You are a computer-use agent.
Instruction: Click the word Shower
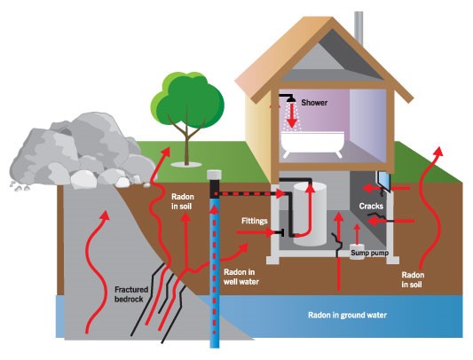pos(314,103)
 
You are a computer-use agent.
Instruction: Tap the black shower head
pos(290,99)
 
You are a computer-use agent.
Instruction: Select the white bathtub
pos(312,144)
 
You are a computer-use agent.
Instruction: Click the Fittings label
pos(255,221)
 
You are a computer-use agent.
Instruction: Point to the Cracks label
pos(371,207)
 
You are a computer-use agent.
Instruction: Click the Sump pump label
pos(369,253)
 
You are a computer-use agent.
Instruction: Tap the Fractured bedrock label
pos(131,294)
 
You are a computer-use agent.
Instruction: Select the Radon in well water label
pos(241,277)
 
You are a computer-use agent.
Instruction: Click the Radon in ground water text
pos(347,316)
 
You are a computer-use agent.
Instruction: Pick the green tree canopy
pos(187,98)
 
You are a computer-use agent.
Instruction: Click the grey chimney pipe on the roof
pos(359,27)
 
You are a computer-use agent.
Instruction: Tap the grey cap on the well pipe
pos(214,175)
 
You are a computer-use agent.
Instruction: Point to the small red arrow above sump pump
pos(357,234)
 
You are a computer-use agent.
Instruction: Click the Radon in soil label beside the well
pos(183,201)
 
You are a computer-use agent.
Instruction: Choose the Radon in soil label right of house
pos(413,280)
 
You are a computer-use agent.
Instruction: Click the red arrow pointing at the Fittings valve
pos(255,232)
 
